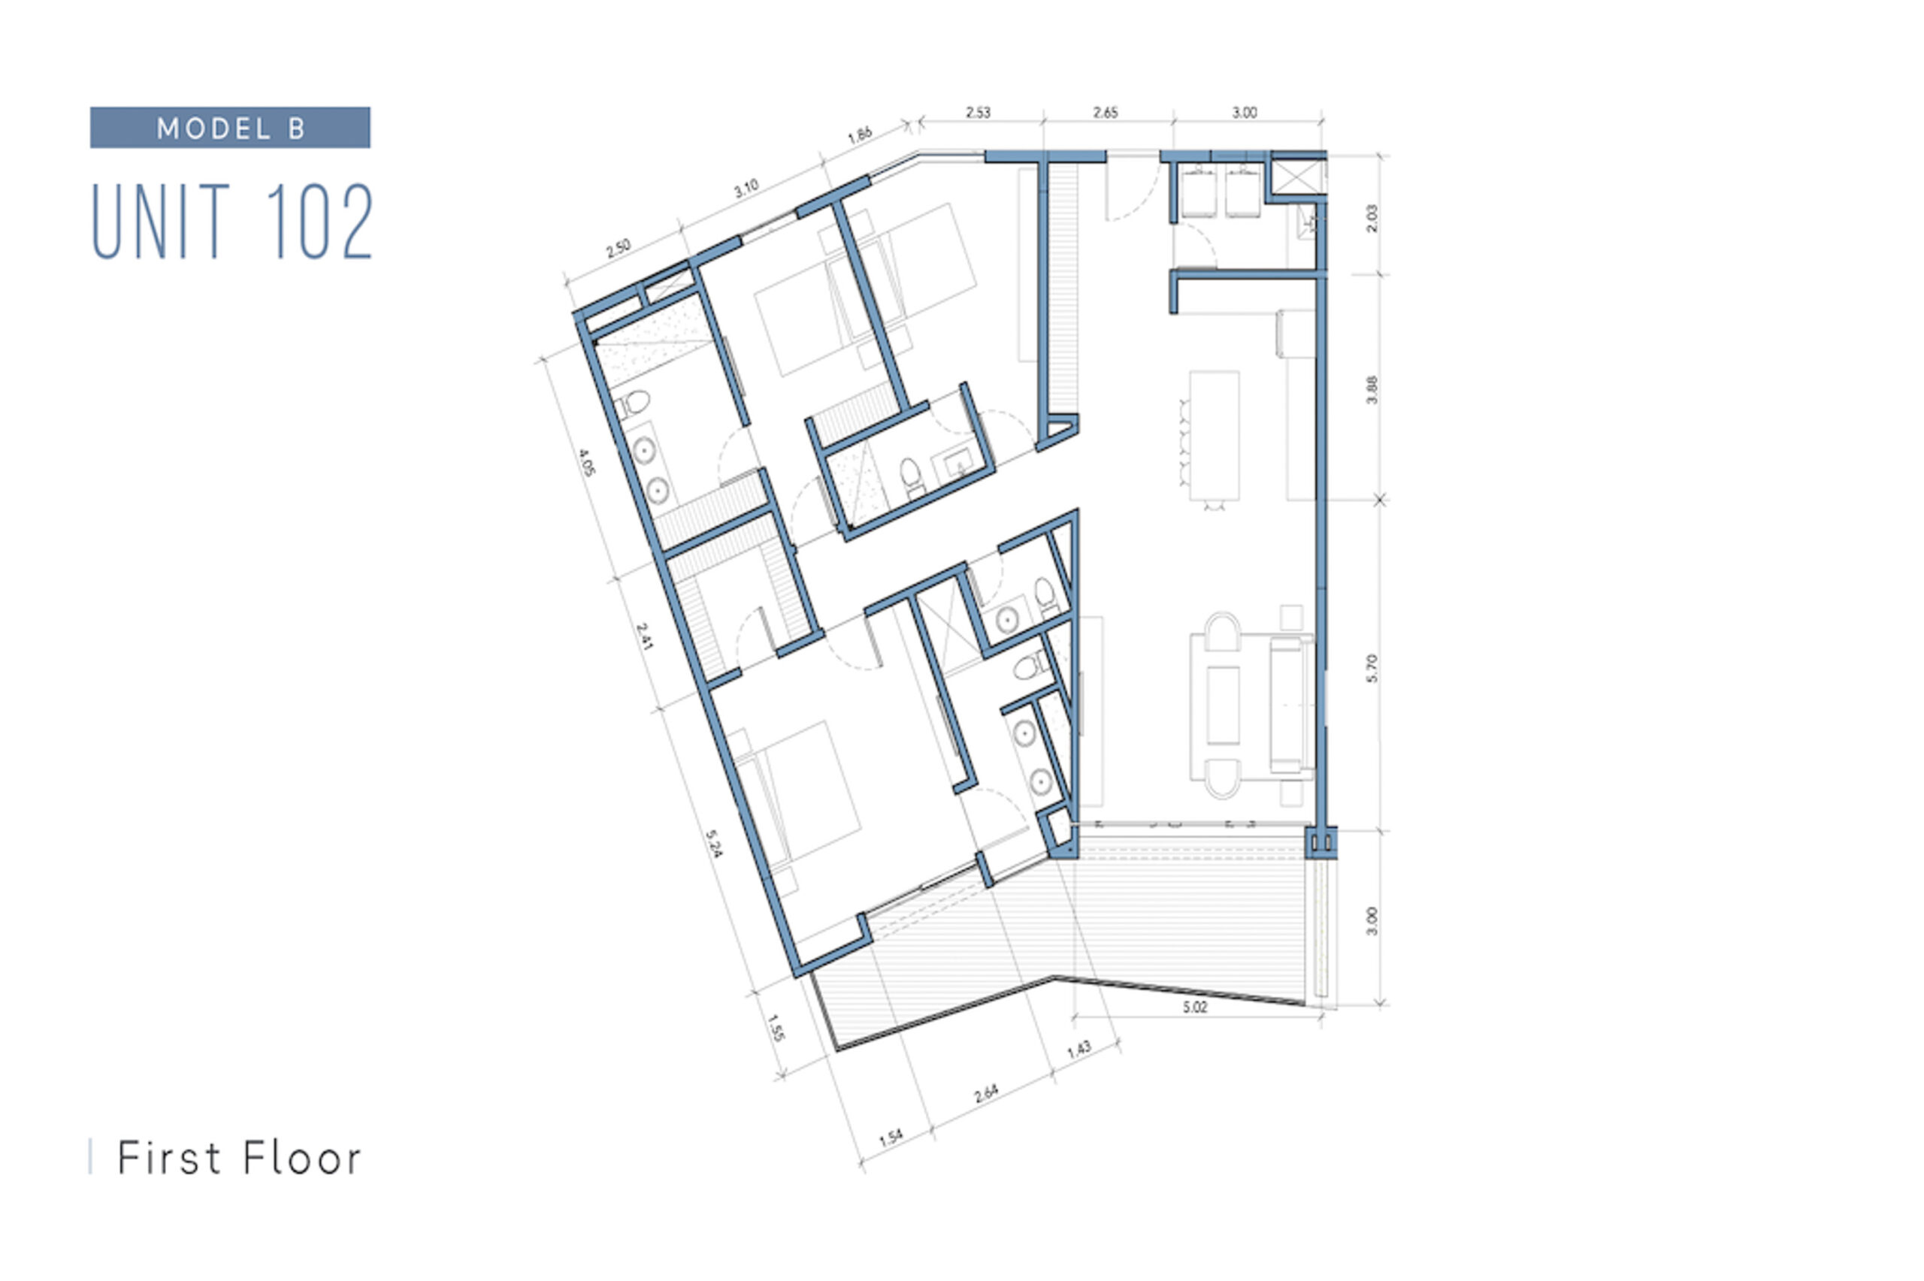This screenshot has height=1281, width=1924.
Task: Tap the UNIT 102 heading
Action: pyautogui.click(x=232, y=221)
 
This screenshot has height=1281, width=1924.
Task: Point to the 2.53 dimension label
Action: pyautogui.click(x=978, y=112)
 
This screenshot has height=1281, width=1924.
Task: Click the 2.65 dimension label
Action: pyautogui.click(x=1106, y=112)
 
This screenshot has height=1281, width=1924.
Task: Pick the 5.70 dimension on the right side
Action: pyautogui.click(x=1372, y=668)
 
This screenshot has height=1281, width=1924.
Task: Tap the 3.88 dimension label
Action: pyautogui.click(x=1372, y=389)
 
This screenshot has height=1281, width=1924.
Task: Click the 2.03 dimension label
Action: pyautogui.click(x=1372, y=218)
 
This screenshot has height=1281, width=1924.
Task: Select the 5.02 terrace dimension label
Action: pyautogui.click(x=1194, y=1008)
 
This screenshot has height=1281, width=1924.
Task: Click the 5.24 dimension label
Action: pyautogui.click(x=713, y=844)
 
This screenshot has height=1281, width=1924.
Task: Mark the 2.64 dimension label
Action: pyautogui.click(x=986, y=1094)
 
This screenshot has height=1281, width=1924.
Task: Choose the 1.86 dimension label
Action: pyautogui.click(x=860, y=134)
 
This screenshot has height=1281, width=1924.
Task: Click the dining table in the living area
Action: pyautogui.click(x=1214, y=436)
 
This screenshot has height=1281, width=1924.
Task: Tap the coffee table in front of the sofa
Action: pyautogui.click(x=1222, y=705)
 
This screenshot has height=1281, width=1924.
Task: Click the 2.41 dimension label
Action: pyautogui.click(x=644, y=636)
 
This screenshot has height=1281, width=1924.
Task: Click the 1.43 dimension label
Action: pyautogui.click(x=1078, y=1050)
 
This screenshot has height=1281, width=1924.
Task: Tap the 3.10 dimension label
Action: pyautogui.click(x=746, y=189)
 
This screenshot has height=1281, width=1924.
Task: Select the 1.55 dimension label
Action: pyautogui.click(x=776, y=1029)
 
